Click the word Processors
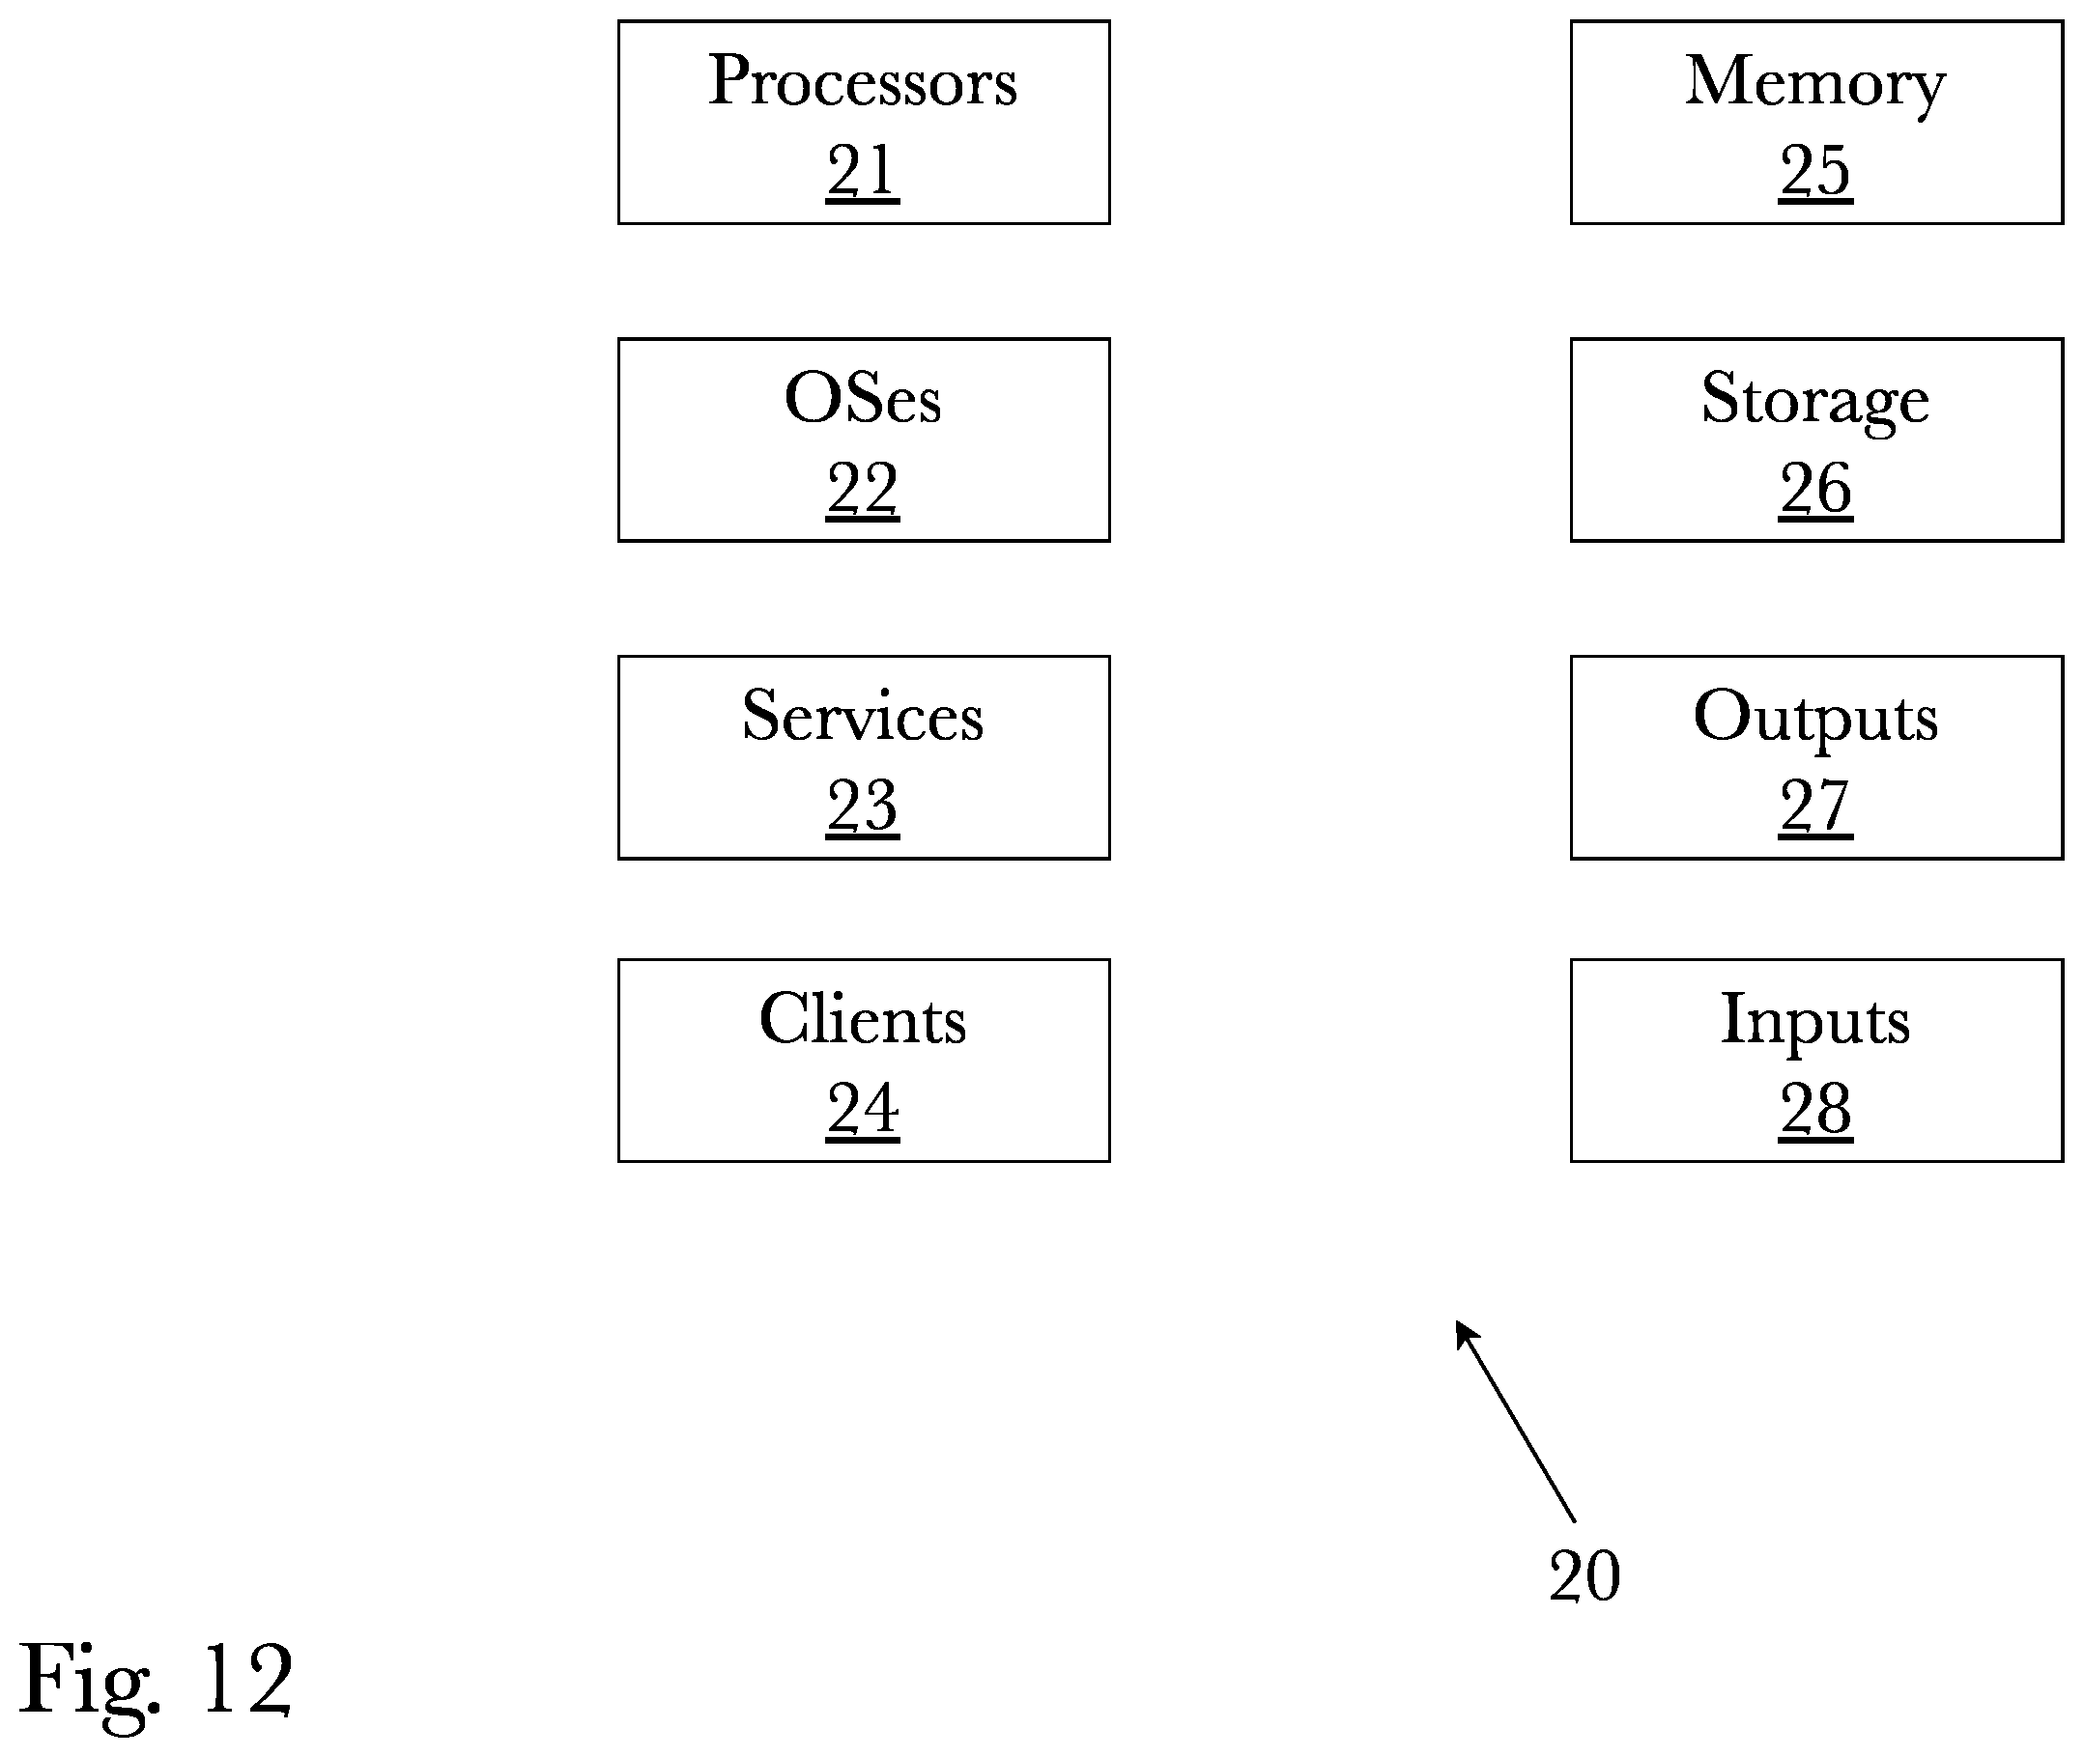point(863,81)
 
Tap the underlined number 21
point(863,171)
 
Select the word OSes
point(863,398)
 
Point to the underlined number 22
point(863,489)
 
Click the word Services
point(863,715)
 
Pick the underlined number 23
point(863,806)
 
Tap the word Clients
point(863,1019)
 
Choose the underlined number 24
point(863,1110)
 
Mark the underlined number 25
point(1815,171)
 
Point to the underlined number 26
point(1815,489)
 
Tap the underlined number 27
point(1815,806)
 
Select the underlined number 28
point(1815,1110)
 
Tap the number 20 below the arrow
point(1584,1576)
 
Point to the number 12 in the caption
point(247,1681)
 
